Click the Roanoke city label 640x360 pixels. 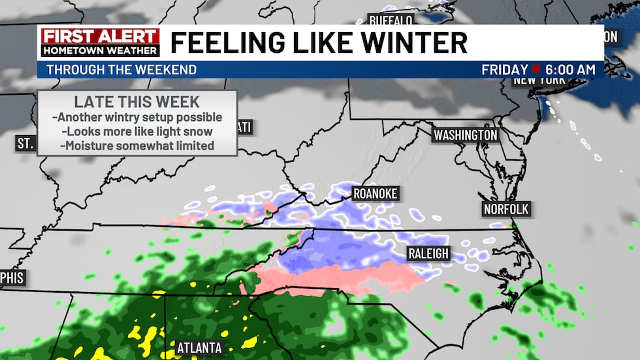tap(374, 193)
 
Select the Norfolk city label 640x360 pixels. tap(505, 209)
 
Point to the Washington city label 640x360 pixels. tap(466, 135)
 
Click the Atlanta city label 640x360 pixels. tap(200, 348)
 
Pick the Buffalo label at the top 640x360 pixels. tap(391, 20)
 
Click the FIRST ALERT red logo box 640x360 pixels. tap(99, 37)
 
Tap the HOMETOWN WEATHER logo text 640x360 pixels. tap(99, 50)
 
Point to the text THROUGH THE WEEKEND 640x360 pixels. tap(121, 70)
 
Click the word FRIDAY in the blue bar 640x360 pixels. tap(504, 70)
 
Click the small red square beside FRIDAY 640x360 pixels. tap(536, 69)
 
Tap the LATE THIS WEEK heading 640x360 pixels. tap(136, 102)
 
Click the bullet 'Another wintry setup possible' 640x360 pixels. tap(136, 118)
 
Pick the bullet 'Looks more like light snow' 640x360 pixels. tap(136, 131)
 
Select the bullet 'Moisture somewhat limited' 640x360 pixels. tap(136, 146)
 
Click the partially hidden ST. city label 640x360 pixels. tap(25, 143)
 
